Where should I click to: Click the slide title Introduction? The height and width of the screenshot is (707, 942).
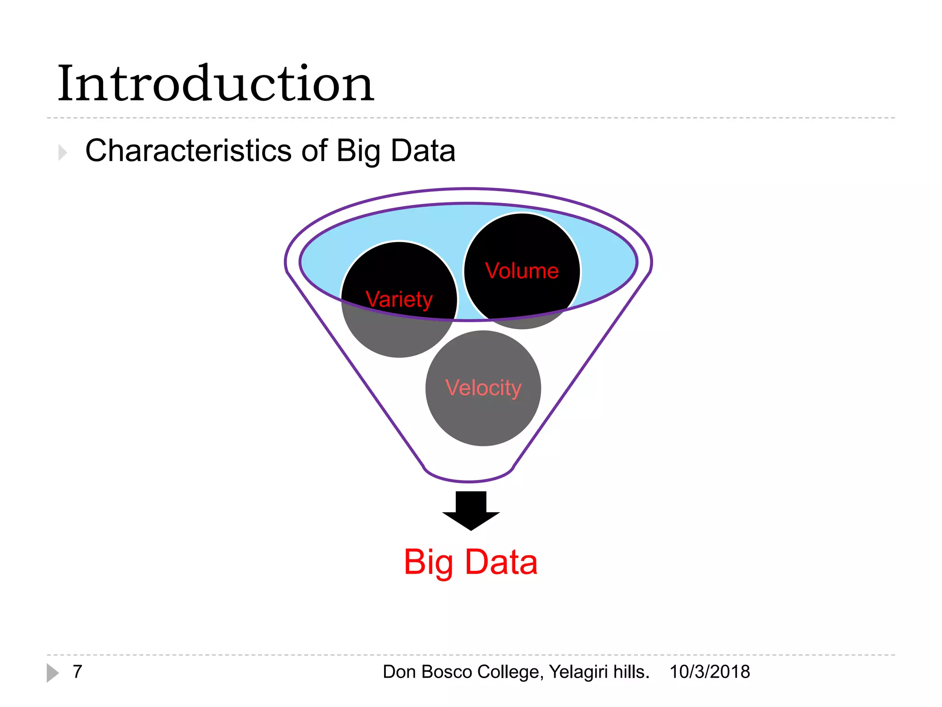click(215, 84)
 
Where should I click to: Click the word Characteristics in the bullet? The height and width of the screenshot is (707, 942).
click(188, 151)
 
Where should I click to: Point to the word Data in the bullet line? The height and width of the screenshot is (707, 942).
click(423, 151)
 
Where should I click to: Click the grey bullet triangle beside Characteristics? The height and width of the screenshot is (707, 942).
click(63, 152)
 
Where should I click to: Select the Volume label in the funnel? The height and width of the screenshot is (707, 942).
click(522, 271)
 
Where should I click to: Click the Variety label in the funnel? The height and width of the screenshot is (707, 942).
click(399, 299)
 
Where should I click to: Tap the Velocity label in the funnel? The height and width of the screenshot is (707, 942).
click(483, 388)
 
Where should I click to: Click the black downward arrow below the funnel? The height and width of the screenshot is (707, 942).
click(471, 510)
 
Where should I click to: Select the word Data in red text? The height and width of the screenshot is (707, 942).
click(501, 562)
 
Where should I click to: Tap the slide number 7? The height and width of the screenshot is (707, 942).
click(77, 672)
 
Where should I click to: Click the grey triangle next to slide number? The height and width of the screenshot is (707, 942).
click(52, 672)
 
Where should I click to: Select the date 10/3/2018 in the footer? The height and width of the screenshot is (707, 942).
click(709, 672)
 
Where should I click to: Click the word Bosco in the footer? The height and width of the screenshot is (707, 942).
click(446, 672)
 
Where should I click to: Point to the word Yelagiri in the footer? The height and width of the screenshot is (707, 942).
click(578, 672)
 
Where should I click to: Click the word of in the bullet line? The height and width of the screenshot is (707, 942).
click(314, 151)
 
